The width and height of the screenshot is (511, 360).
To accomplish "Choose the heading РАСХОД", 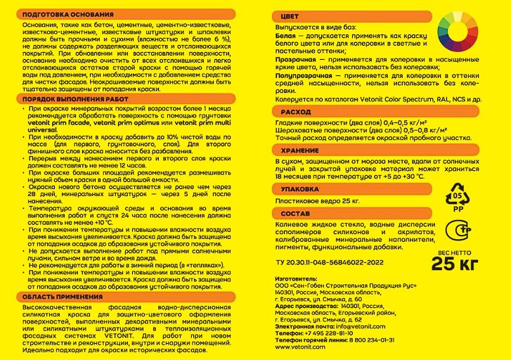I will [295, 112].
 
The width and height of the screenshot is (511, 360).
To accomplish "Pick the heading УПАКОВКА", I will [300, 188].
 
